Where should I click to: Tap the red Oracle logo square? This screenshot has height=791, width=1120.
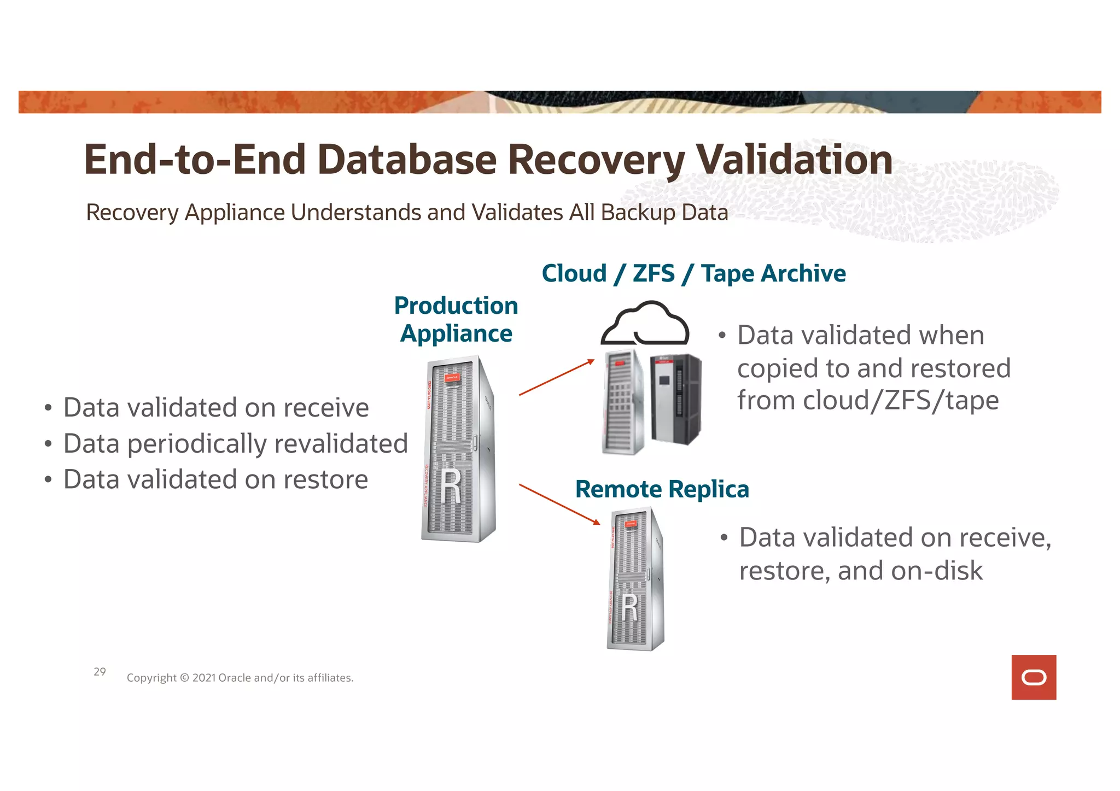(x=1033, y=677)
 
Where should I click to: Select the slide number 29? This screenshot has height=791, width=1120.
(x=100, y=671)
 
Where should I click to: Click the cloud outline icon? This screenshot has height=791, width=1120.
(x=645, y=324)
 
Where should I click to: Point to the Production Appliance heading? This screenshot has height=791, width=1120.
(x=456, y=320)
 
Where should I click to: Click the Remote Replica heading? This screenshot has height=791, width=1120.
(x=662, y=489)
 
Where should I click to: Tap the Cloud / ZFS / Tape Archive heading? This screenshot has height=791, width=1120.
(x=693, y=273)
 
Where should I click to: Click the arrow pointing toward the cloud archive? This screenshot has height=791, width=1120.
(x=556, y=377)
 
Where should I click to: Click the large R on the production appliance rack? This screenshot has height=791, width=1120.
(x=452, y=487)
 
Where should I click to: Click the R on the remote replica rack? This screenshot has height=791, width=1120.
(x=630, y=608)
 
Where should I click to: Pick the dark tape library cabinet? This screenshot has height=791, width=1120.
(x=675, y=399)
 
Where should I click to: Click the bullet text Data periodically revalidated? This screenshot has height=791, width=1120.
(x=235, y=443)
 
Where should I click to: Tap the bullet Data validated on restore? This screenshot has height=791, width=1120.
(x=215, y=479)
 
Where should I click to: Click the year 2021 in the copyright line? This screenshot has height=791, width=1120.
(x=204, y=678)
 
